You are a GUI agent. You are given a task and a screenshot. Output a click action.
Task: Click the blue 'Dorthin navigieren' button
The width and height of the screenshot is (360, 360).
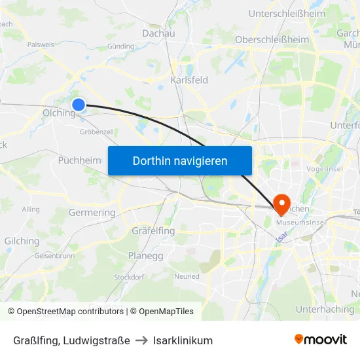click(180, 160)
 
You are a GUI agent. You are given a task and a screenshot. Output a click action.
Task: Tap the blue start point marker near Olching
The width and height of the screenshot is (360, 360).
click(79, 104)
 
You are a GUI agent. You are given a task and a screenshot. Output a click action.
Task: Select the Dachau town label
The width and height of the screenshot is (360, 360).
click(158, 33)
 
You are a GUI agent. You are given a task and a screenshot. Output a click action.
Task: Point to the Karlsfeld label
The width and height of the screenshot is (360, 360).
click(189, 80)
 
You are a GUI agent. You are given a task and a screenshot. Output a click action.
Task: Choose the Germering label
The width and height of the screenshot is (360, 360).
click(92, 213)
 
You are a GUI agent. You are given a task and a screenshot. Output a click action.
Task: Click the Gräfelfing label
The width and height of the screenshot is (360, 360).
click(153, 231)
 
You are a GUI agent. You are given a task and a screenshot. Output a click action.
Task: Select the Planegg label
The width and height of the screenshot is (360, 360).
click(145, 256)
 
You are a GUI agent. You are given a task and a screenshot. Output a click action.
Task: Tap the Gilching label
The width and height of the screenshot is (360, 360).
click(22, 241)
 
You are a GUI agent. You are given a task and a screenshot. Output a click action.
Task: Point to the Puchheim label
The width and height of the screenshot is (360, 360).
click(80, 160)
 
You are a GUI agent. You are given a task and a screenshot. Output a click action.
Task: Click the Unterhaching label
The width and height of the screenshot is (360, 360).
click(325, 309)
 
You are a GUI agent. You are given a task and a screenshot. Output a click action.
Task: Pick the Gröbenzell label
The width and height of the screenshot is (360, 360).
click(97, 132)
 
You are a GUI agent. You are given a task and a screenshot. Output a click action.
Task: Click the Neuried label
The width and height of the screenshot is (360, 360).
click(187, 277)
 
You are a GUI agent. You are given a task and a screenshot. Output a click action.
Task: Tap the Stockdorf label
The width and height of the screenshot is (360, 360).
click(129, 277)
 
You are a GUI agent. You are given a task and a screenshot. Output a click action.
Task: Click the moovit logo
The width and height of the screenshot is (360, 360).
click(321, 340)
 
